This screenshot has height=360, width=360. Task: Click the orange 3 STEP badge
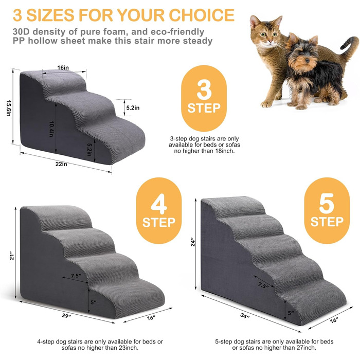pos(204,98)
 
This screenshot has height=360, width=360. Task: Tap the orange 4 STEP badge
pos(159,210)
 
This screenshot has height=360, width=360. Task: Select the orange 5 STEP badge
pos(327,210)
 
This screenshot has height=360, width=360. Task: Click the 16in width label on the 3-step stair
pos(63,68)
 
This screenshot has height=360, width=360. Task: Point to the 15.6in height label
pos(9,108)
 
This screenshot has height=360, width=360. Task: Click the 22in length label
pos(61,164)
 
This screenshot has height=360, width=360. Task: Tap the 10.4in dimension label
pos(51,129)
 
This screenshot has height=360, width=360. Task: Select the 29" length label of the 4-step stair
pos(66,316)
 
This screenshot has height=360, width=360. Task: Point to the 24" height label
pos(193,243)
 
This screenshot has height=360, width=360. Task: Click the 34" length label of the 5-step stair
pos(245,316)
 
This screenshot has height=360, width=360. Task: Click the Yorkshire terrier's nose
pos(307,61)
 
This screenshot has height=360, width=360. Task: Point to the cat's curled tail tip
pos(343,48)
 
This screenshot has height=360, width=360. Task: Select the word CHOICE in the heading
pos(202,15)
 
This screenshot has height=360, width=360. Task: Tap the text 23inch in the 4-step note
pos(129,348)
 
